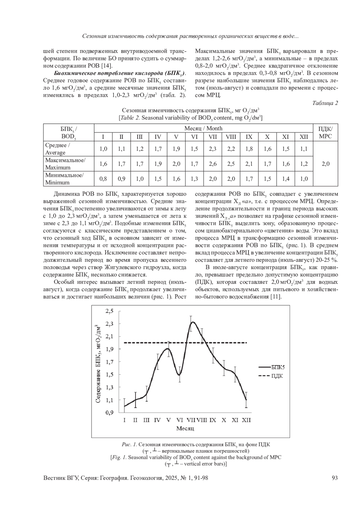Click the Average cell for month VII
pos(213,149)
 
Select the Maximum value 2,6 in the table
pos(213,164)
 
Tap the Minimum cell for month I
pos(103,179)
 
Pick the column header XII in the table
pos(304,137)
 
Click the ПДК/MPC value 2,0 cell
pos(325,164)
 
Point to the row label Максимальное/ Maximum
pos(65,164)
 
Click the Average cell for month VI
pos(194,149)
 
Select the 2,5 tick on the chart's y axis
pos(109,311)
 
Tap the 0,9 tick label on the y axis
pos(109,412)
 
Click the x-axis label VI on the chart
pos(180,420)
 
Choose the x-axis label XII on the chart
pos(246,420)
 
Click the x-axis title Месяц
pos(185,429)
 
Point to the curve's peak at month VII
pos(192,322)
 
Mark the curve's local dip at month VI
pos(179,375)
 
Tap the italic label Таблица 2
pos(325,103)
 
